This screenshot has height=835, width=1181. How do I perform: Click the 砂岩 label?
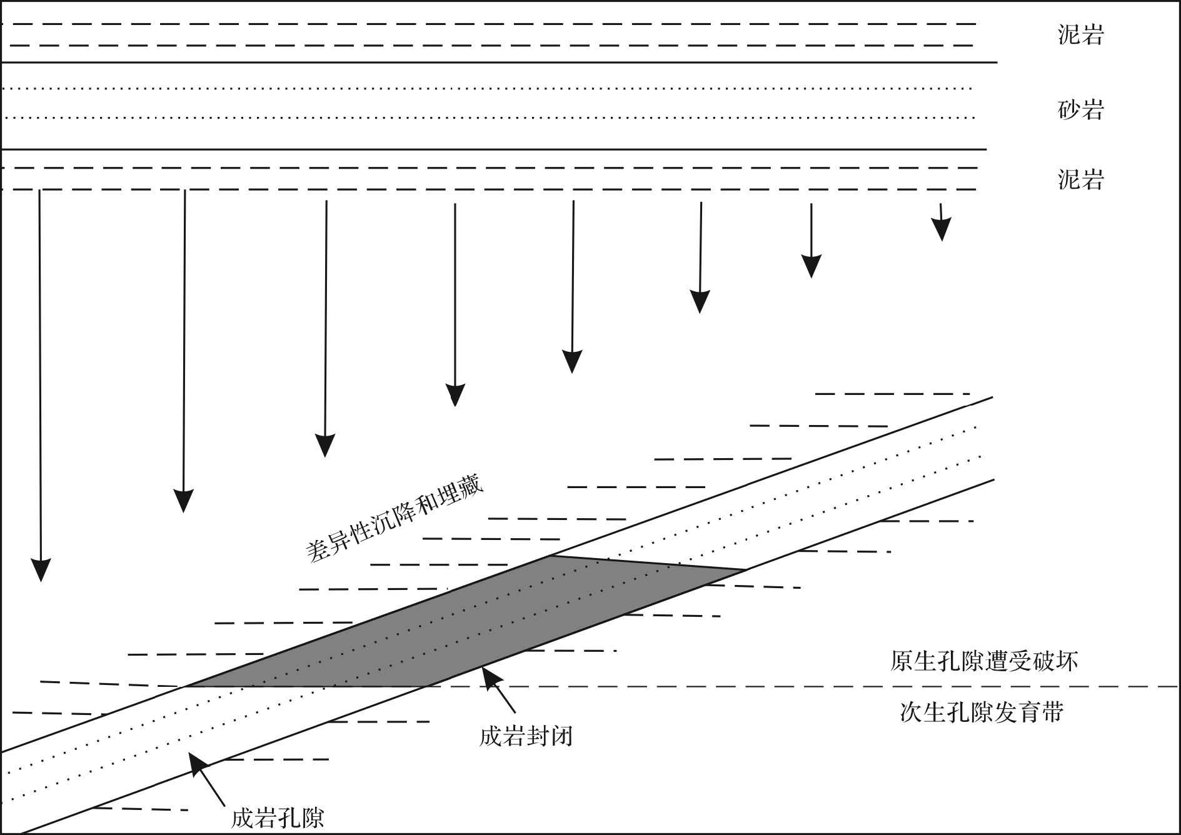pos(1080,110)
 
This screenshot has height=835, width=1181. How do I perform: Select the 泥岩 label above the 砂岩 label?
pos(1080,34)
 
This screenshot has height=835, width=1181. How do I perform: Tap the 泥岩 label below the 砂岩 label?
pos(1080,179)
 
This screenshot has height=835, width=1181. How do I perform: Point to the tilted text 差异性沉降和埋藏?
pos(395,521)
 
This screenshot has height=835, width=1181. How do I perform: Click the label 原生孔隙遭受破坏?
pos(983,661)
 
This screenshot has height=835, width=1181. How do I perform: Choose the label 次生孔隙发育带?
pos(982,712)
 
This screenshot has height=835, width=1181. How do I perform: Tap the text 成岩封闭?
pos(526,736)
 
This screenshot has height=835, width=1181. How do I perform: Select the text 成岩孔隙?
pos(278,817)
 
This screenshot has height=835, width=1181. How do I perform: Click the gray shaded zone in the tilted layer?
pos(463,625)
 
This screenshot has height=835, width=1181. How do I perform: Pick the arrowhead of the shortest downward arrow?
pos(942,231)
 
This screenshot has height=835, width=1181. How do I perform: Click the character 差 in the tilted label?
pos(317,552)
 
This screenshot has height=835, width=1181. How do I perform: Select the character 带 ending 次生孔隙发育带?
pos(1052,712)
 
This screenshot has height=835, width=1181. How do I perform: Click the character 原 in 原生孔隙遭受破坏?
pos(902,661)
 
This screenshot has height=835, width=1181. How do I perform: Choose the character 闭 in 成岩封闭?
pos(561,736)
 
